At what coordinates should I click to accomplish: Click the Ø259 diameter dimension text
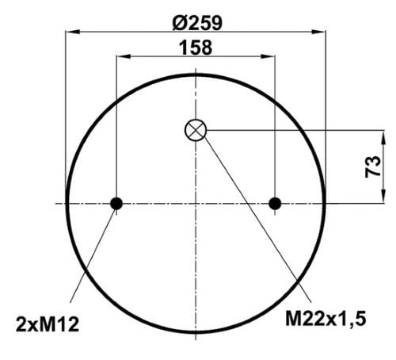coord(197,23)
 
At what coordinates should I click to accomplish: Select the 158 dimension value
coord(196,48)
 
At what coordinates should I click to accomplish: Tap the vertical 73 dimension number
coord(373,167)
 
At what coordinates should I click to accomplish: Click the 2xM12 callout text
coord(48,324)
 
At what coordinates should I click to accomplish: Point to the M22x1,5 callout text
coord(326,319)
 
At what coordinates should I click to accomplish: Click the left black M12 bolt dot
coord(116,204)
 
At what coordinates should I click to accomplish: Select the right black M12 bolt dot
coord(275,204)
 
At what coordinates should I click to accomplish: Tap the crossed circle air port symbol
coord(196,130)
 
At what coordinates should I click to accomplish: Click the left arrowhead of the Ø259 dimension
coord(72,32)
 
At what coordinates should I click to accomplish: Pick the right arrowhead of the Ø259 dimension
coord(319,32)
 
